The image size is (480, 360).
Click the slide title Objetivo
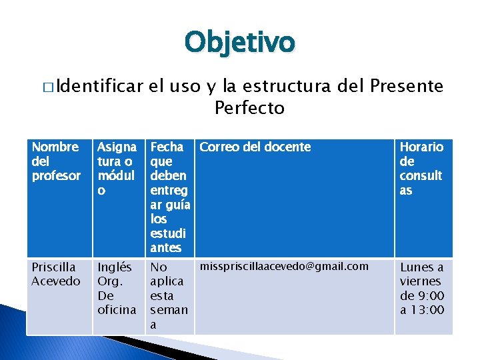239,42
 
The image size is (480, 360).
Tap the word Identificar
100,86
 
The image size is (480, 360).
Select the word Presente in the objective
406,86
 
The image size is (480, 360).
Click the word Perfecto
249,107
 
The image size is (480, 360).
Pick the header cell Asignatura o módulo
117,169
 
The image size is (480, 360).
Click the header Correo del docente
255,147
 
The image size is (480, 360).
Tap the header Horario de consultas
421,169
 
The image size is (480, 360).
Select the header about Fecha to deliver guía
170,197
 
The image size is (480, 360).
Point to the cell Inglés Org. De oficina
117,288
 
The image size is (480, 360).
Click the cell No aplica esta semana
169,295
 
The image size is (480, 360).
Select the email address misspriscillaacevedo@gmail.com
284,267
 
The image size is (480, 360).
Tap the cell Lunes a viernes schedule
422,289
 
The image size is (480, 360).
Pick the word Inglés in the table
115,267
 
